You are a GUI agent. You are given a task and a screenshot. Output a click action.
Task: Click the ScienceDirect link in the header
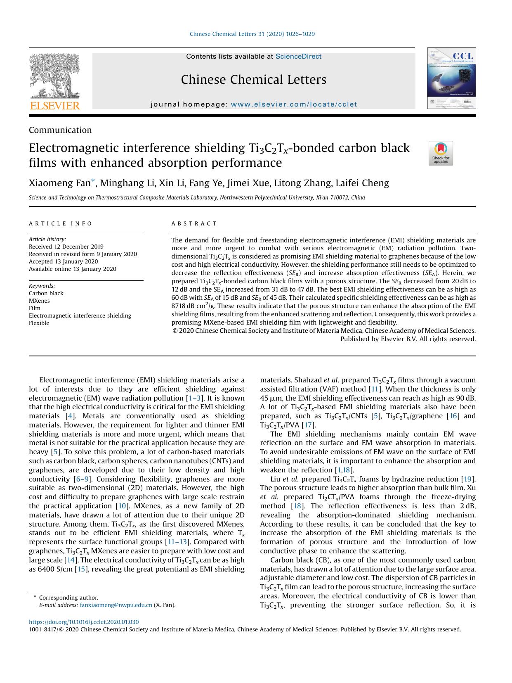[298, 57]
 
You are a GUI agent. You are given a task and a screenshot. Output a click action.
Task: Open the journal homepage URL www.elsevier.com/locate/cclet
[294, 104]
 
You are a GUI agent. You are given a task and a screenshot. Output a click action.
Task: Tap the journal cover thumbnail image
[451, 78]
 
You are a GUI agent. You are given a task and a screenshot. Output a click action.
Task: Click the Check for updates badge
[441, 153]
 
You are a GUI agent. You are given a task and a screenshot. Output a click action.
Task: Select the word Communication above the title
[60, 130]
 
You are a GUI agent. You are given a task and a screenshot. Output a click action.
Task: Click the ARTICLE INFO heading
[61, 223]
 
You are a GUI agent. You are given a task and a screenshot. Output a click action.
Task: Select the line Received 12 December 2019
[66, 247]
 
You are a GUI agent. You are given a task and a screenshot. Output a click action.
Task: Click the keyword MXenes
[39, 301]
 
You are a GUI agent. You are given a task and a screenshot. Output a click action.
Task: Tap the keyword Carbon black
[46, 293]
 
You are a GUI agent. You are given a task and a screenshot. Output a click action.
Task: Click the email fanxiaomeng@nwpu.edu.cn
[116, 605]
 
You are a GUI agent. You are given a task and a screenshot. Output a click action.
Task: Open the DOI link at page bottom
[84, 622]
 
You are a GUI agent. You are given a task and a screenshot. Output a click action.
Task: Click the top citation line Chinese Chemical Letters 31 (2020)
[252, 34]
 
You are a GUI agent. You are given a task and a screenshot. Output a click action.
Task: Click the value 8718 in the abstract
[179, 306]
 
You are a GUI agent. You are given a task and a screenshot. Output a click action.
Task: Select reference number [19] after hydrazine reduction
[468, 479]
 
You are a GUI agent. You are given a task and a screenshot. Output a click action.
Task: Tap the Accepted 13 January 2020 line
[63, 261]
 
